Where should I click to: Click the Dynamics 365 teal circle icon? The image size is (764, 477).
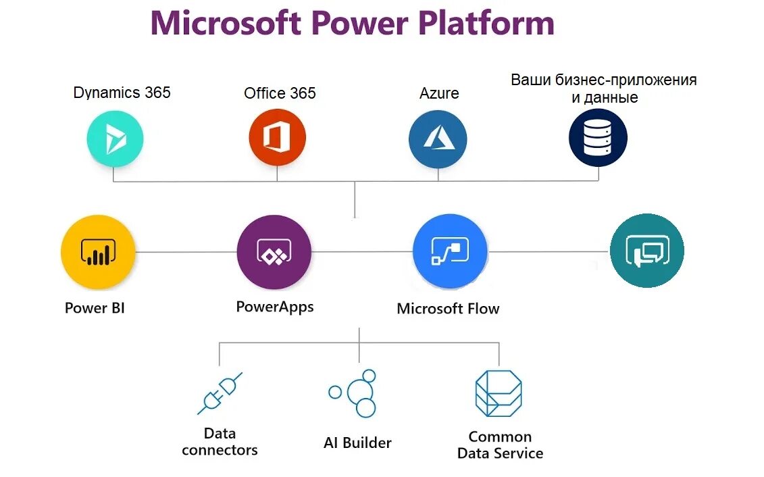click(115, 139)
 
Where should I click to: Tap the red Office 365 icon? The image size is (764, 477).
click(277, 138)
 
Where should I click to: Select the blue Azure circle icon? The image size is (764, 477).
click(438, 139)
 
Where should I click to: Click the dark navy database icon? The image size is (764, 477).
click(598, 138)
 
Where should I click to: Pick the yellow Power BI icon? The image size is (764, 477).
click(98, 253)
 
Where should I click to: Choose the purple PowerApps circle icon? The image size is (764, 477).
click(274, 252)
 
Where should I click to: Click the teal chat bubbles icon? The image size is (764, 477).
click(646, 251)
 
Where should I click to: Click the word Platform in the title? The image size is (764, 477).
click(486, 24)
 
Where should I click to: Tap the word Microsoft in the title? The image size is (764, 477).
click(226, 24)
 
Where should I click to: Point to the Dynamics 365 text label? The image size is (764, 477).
click(122, 93)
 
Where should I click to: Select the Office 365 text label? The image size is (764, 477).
click(280, 93)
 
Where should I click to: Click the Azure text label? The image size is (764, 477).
click(439, 93)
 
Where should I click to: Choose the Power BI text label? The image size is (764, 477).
click(95, 308)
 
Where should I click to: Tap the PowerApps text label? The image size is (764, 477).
click(275, 307)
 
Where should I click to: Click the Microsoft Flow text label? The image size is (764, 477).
click(448, 309)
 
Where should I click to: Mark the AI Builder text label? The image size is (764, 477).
click(357, 443)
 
